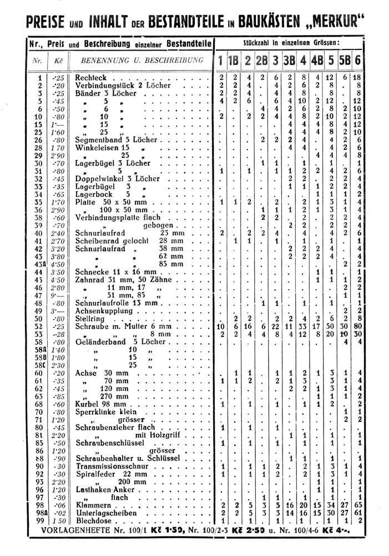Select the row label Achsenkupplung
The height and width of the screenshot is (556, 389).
tap(104, 311)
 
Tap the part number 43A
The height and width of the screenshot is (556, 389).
tap(39, 264)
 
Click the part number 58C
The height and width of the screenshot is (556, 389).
tap(39, 365)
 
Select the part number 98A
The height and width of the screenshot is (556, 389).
tap(39, 513)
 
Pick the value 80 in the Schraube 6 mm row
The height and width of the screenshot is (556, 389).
tap(358, 326)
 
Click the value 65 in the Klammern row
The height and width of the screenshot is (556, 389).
tap(358, 505)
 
